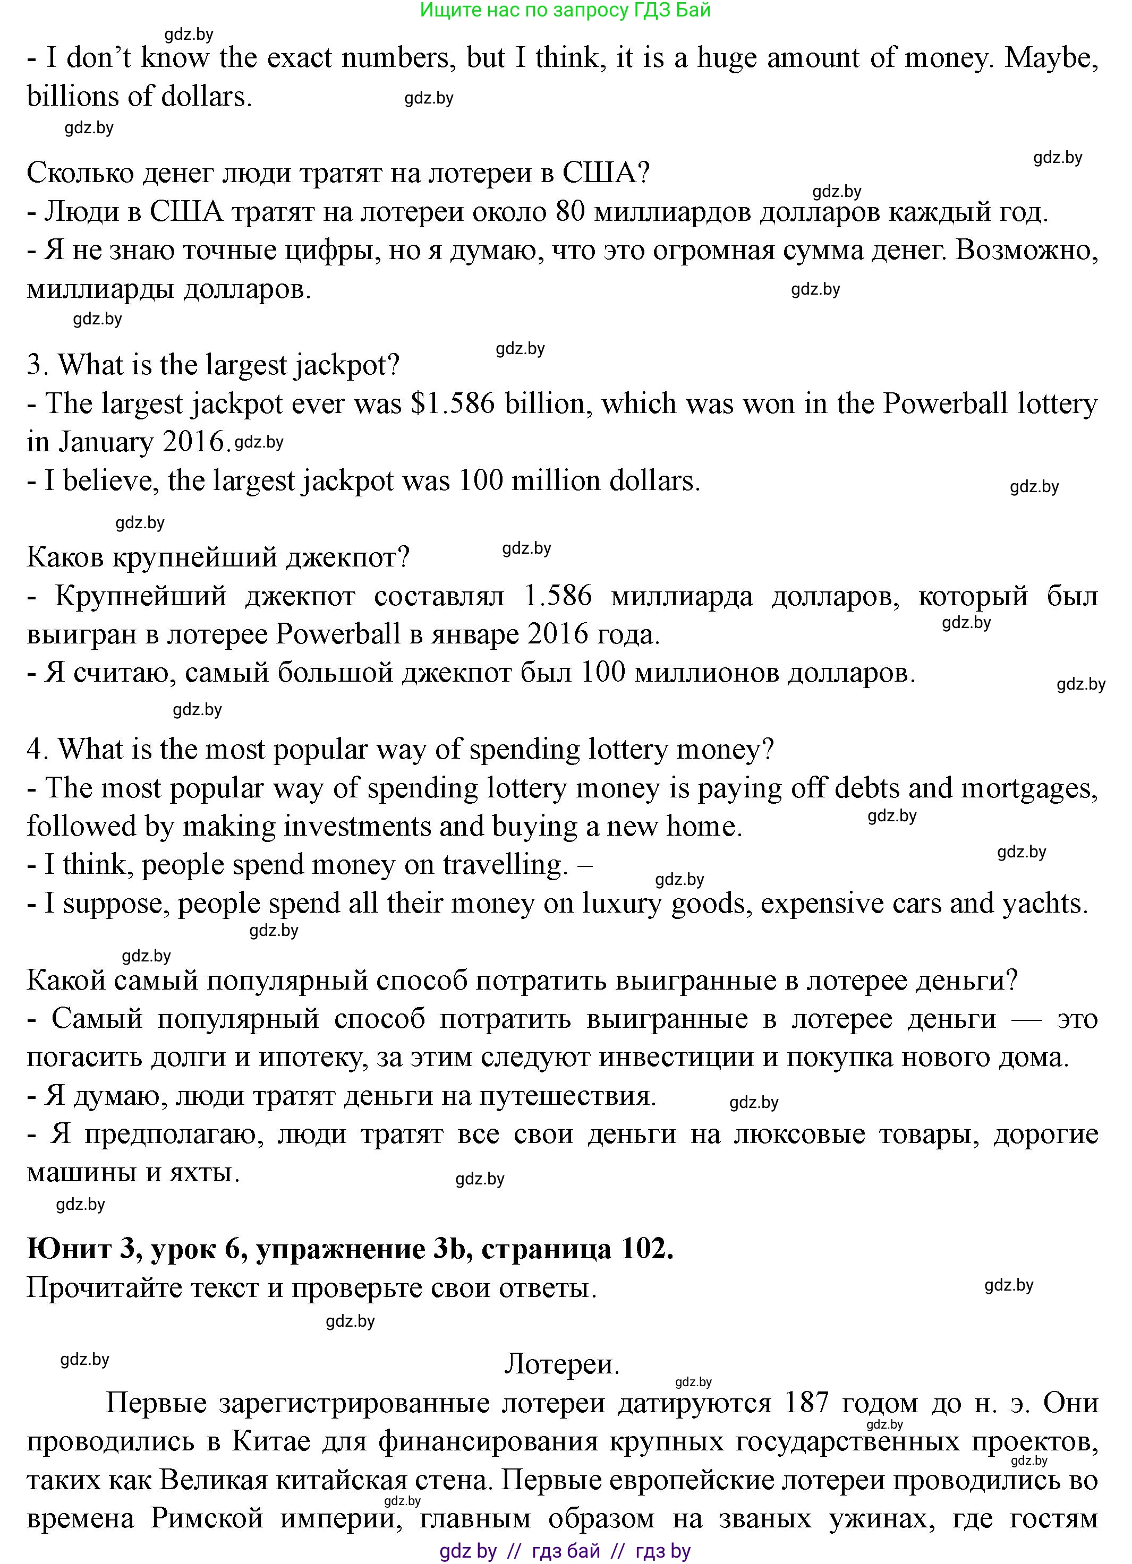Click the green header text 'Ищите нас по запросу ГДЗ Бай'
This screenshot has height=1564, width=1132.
565,10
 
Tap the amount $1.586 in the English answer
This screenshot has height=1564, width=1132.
453,403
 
